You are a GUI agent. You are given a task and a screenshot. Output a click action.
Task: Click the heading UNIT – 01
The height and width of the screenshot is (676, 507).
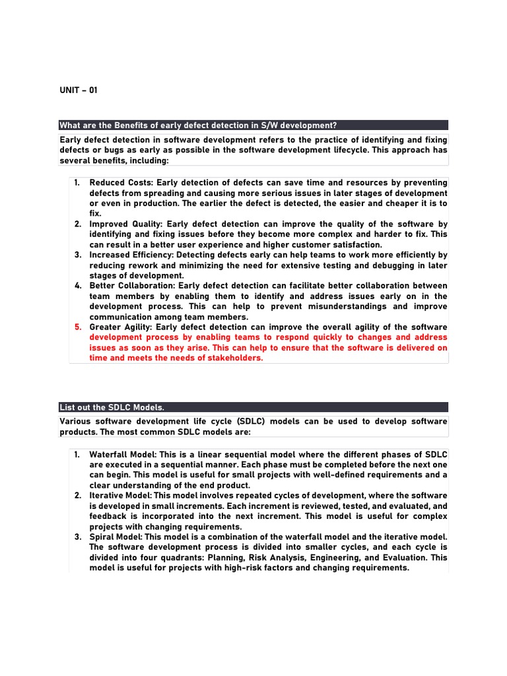pyautogui.click(x=79, y=90)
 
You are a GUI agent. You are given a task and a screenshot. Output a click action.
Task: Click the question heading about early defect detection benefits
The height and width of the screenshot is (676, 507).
pyautogui.click(x=198, y=125)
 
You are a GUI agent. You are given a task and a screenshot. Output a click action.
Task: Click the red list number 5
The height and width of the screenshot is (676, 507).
pyautogui.click(x=77, y=327)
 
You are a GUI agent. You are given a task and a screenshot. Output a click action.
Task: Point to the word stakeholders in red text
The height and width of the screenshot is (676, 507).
pyautogui.click(x=236, y=358)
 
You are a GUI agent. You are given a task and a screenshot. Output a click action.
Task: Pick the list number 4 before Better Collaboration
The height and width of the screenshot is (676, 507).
pyautogui.click(x=77, y=286)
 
